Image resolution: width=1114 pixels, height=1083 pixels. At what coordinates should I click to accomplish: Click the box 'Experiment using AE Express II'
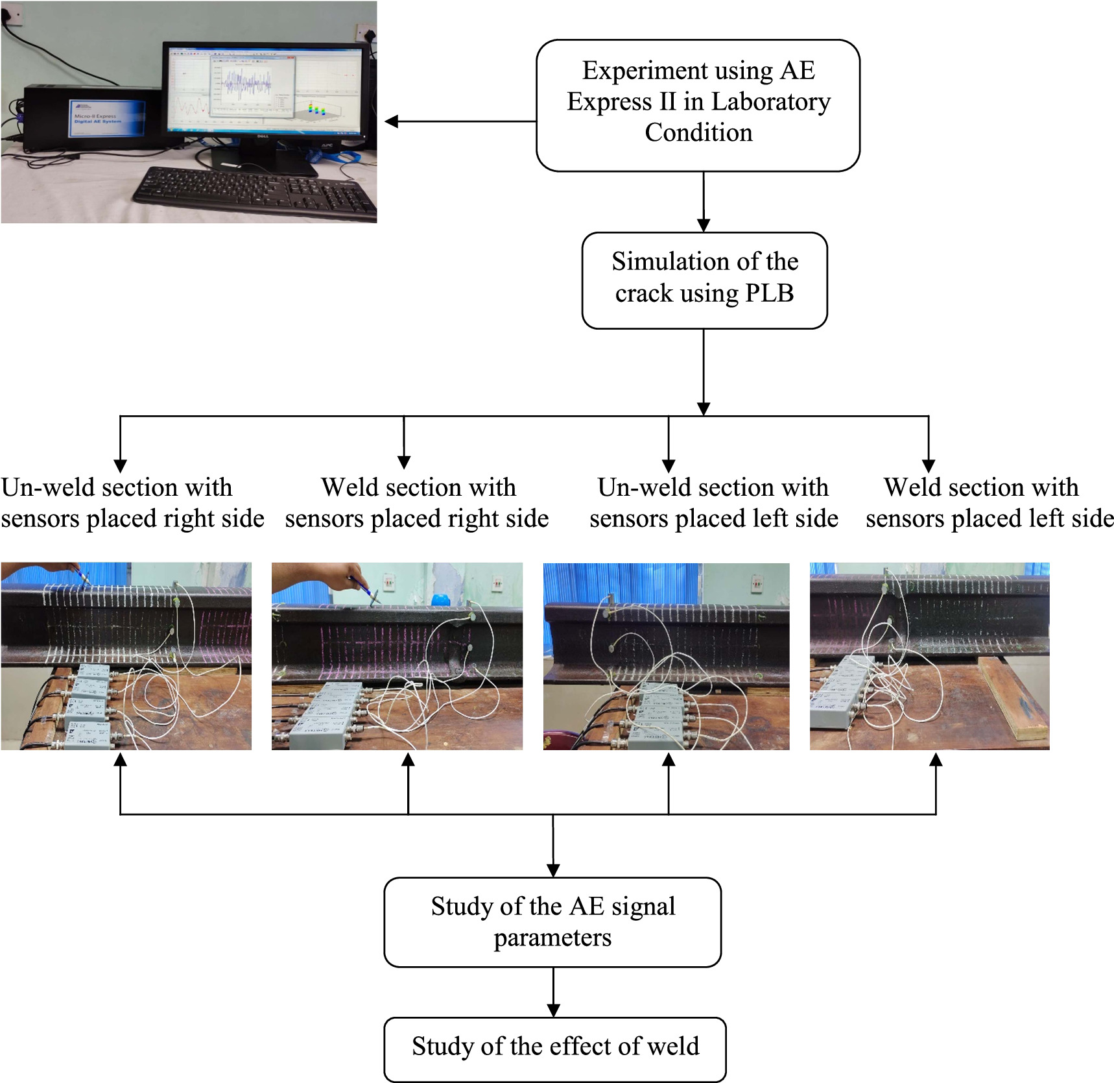[x=698, y=105]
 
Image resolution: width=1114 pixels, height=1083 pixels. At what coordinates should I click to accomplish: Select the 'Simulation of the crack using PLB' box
[x=704, y=280]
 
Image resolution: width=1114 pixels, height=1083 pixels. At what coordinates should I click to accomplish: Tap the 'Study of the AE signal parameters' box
[x=552, y=921]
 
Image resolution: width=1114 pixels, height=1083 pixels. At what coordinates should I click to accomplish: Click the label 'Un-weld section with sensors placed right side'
[x=130, y=503]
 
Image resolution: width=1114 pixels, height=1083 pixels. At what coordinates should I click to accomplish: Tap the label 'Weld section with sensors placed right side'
[x=417, y=503]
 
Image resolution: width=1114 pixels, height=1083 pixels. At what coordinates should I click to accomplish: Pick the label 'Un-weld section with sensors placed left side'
[x=713, y=503]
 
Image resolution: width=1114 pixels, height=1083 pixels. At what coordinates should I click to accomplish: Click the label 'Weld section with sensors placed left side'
[x=989, y=503]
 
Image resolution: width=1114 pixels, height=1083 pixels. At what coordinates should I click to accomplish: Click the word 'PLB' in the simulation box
[x=769, y=293]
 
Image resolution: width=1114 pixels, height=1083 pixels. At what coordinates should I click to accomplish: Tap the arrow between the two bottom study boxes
[x=553, y=992]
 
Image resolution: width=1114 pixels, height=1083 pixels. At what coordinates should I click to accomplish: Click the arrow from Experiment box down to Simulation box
[x=704, y=201]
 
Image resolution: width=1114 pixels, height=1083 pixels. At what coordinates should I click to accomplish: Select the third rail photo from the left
[x=666, y=656]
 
